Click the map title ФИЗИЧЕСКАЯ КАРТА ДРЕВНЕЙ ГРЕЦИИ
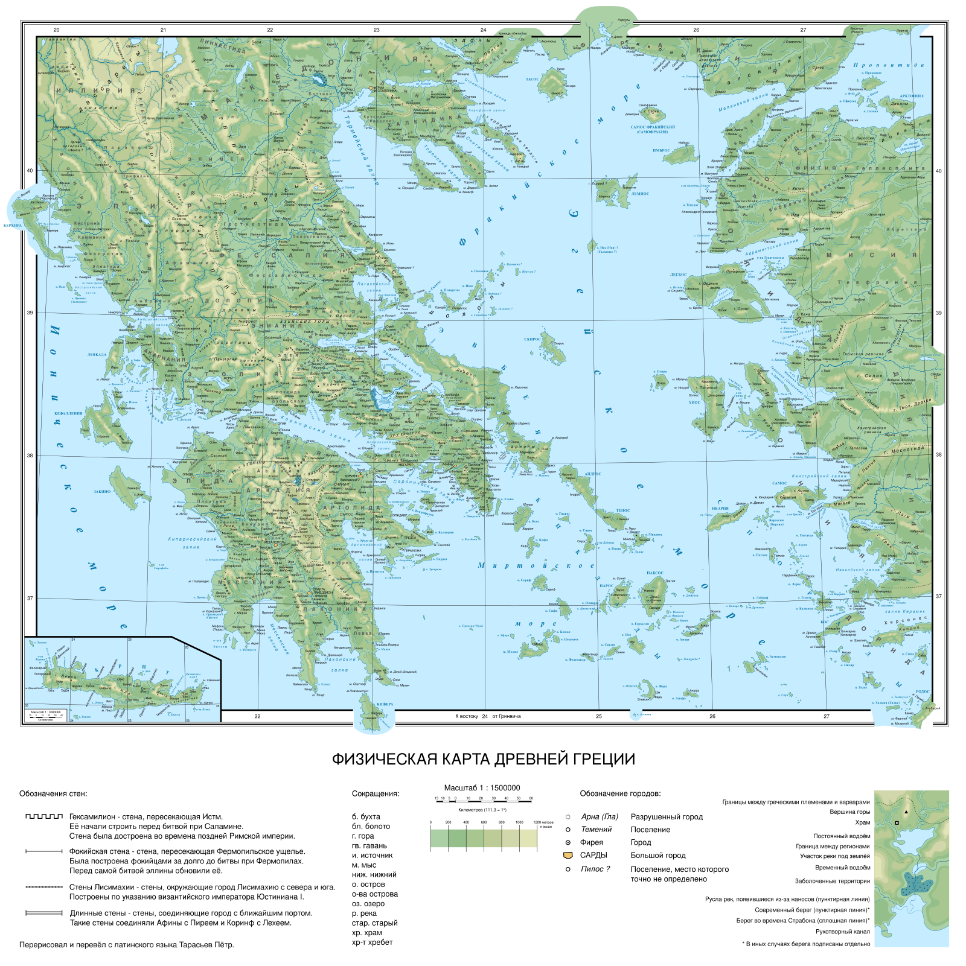pyautogui.click(x=484, y=759)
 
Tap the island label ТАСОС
pyautogui.click(x=532, y=79)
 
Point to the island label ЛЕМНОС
pyautogui.click(x=640, y=194)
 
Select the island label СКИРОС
pyautogui.click(x=533, y=339)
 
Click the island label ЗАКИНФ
pyautogui.click(x=102, y=492)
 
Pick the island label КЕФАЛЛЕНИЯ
pyautogui.click(x=68, y=413)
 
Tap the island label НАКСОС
pyautogui.click(x=654, y=573)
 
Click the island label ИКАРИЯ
pyautogui.click(x=720, y=508)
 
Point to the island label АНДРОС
pyautogui.click(x=592, y=474)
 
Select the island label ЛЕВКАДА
pyautogui.click(x=97, y=355)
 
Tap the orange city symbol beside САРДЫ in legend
pyautogui.click(x=568, y=856)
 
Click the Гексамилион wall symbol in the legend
pyautogui.click(x=44, y=816)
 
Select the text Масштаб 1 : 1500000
pyautogui.click(x=482, y=787)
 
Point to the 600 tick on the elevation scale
pyautogui.click(x=483, y=822)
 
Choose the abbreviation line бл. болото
pyautogui.click(x=371, y=826)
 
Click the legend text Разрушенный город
pyautogui.click(x=667, y=817)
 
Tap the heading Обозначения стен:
pyautogui.click(x=53, y=793)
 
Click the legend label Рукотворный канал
pyautogui.click(x=843, y=932)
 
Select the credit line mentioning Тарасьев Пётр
pyautogui.click(x=126, y=945)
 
